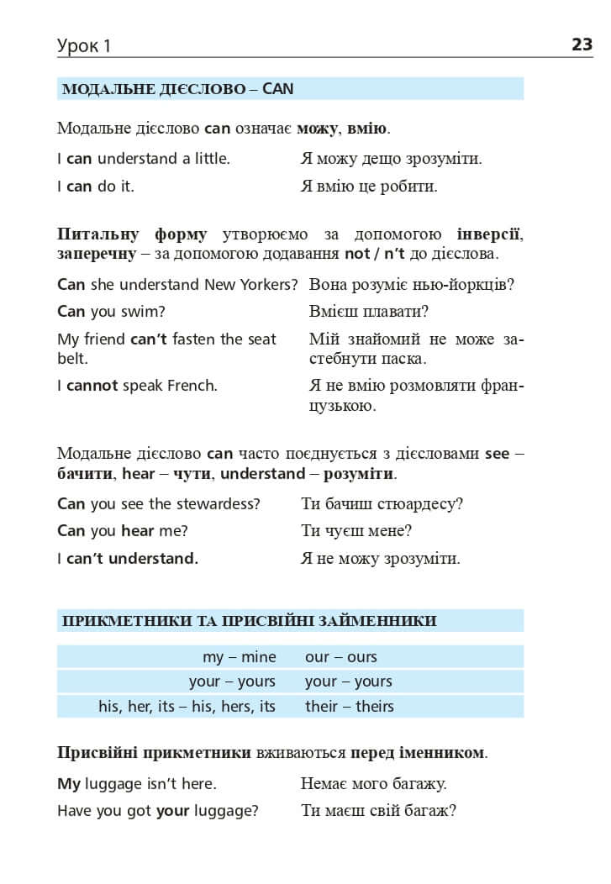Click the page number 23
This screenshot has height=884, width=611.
(x=582, y=45)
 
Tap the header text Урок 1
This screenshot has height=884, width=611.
(x=84, y=46)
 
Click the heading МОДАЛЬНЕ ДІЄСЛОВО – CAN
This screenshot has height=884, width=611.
(x=177, y=89)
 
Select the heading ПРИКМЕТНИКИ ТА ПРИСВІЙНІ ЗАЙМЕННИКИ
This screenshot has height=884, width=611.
(x=250, y=621)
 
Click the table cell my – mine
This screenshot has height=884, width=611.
(x=239, y=657)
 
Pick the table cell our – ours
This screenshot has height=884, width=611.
(x=341, y=657)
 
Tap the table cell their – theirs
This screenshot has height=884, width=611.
(x=350, y=706)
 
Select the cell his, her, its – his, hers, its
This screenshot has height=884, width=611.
(x=187, y=706)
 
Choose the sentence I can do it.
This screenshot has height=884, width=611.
(x=96, y=187)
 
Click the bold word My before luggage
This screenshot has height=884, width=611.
(x=69, y=783)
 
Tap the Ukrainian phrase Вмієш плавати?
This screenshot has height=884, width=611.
(x=369, y=312)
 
